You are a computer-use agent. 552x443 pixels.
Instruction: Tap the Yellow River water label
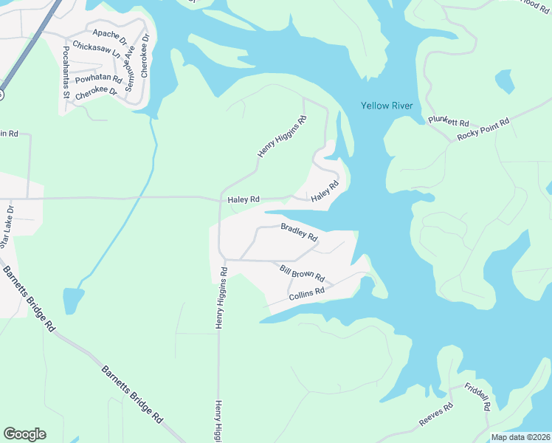coord(386,106)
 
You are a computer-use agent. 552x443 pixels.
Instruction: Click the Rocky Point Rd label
coord(483,129)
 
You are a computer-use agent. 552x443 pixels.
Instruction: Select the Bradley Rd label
coord(299,233)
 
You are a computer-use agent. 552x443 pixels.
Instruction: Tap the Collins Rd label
coord(306,294)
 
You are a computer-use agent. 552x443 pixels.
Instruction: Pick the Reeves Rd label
coord(435,415)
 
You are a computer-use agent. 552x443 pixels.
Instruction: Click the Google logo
coord(24,434)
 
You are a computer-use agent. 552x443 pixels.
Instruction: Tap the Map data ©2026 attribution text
coord(520,437)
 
